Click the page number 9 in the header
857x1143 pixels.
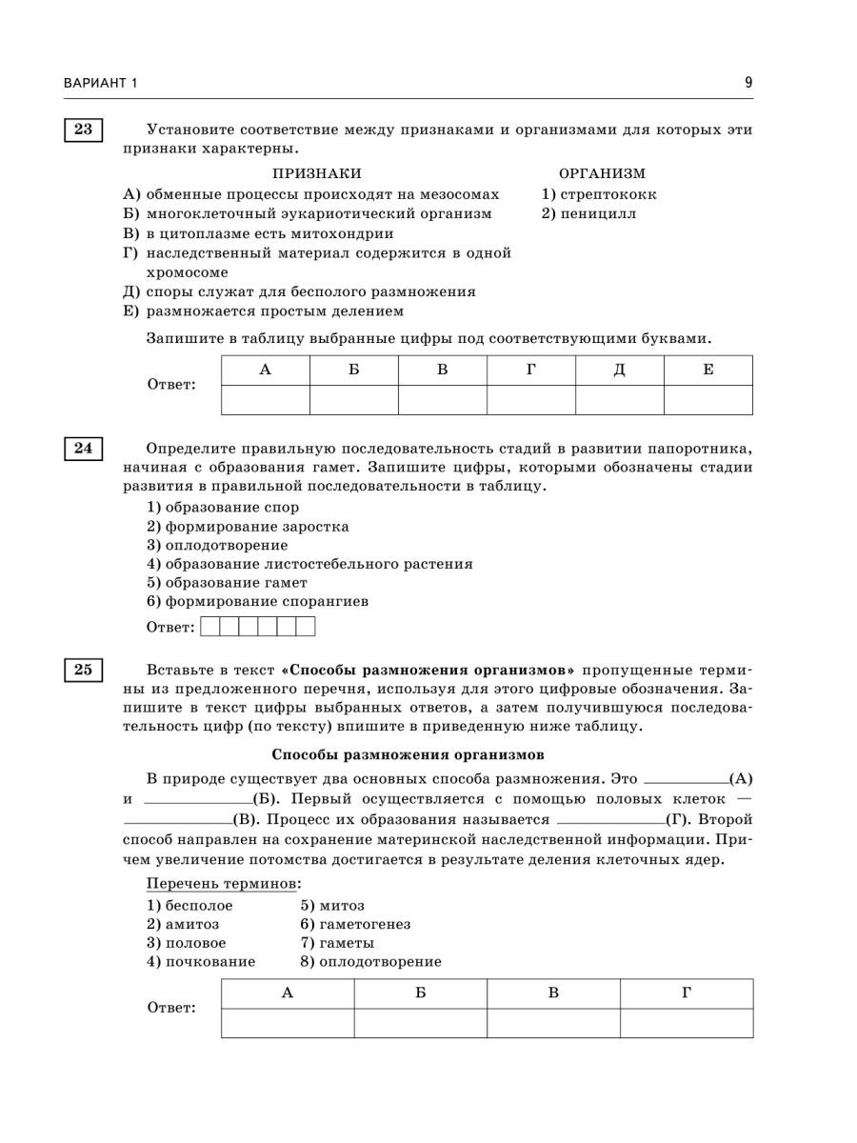[748, 83]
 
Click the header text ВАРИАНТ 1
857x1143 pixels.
[101, 84]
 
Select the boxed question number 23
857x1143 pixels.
[83, 130]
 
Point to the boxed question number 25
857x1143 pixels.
[83, 670]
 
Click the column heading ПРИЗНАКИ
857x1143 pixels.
[317, 173]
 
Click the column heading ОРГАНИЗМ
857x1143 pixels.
[602, 173]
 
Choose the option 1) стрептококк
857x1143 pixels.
[599, 194]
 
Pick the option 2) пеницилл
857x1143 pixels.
[589, 213]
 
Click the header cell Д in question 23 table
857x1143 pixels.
[619, 370]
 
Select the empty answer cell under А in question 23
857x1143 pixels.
[266, 400]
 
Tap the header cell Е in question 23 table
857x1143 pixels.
[708, 370]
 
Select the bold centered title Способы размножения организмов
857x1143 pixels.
[408, 754]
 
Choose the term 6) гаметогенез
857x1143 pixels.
[355, 924]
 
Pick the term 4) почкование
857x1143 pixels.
[201, 961]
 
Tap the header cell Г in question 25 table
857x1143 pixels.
[687, 993]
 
